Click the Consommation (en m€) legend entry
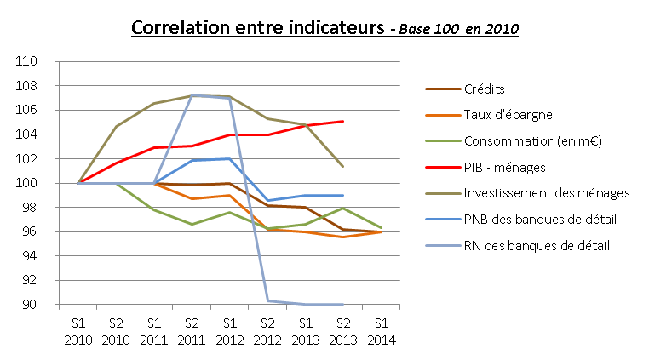coord(531,140)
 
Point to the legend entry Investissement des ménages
coord(546,193)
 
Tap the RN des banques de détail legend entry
coord(537,246)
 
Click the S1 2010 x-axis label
coord(78,332)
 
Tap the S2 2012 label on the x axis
coord(267,332)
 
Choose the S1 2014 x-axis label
coord(381,332)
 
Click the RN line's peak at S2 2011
coord(192,94)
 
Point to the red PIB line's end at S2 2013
coord(342,122)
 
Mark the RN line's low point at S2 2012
coord(267,300)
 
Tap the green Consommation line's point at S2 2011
coord(192,224)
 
